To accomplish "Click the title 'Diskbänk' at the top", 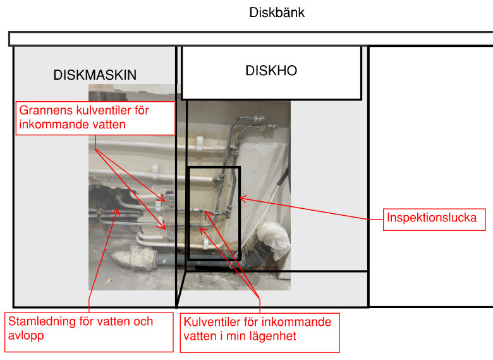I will click(x=277, y=12).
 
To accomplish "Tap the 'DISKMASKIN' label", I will click(x=95, y=75).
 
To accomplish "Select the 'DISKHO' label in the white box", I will click(x=271, y=71).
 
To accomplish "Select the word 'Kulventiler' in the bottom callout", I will click(x=212, y=322).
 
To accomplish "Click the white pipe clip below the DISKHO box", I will click(x=197, y=142).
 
